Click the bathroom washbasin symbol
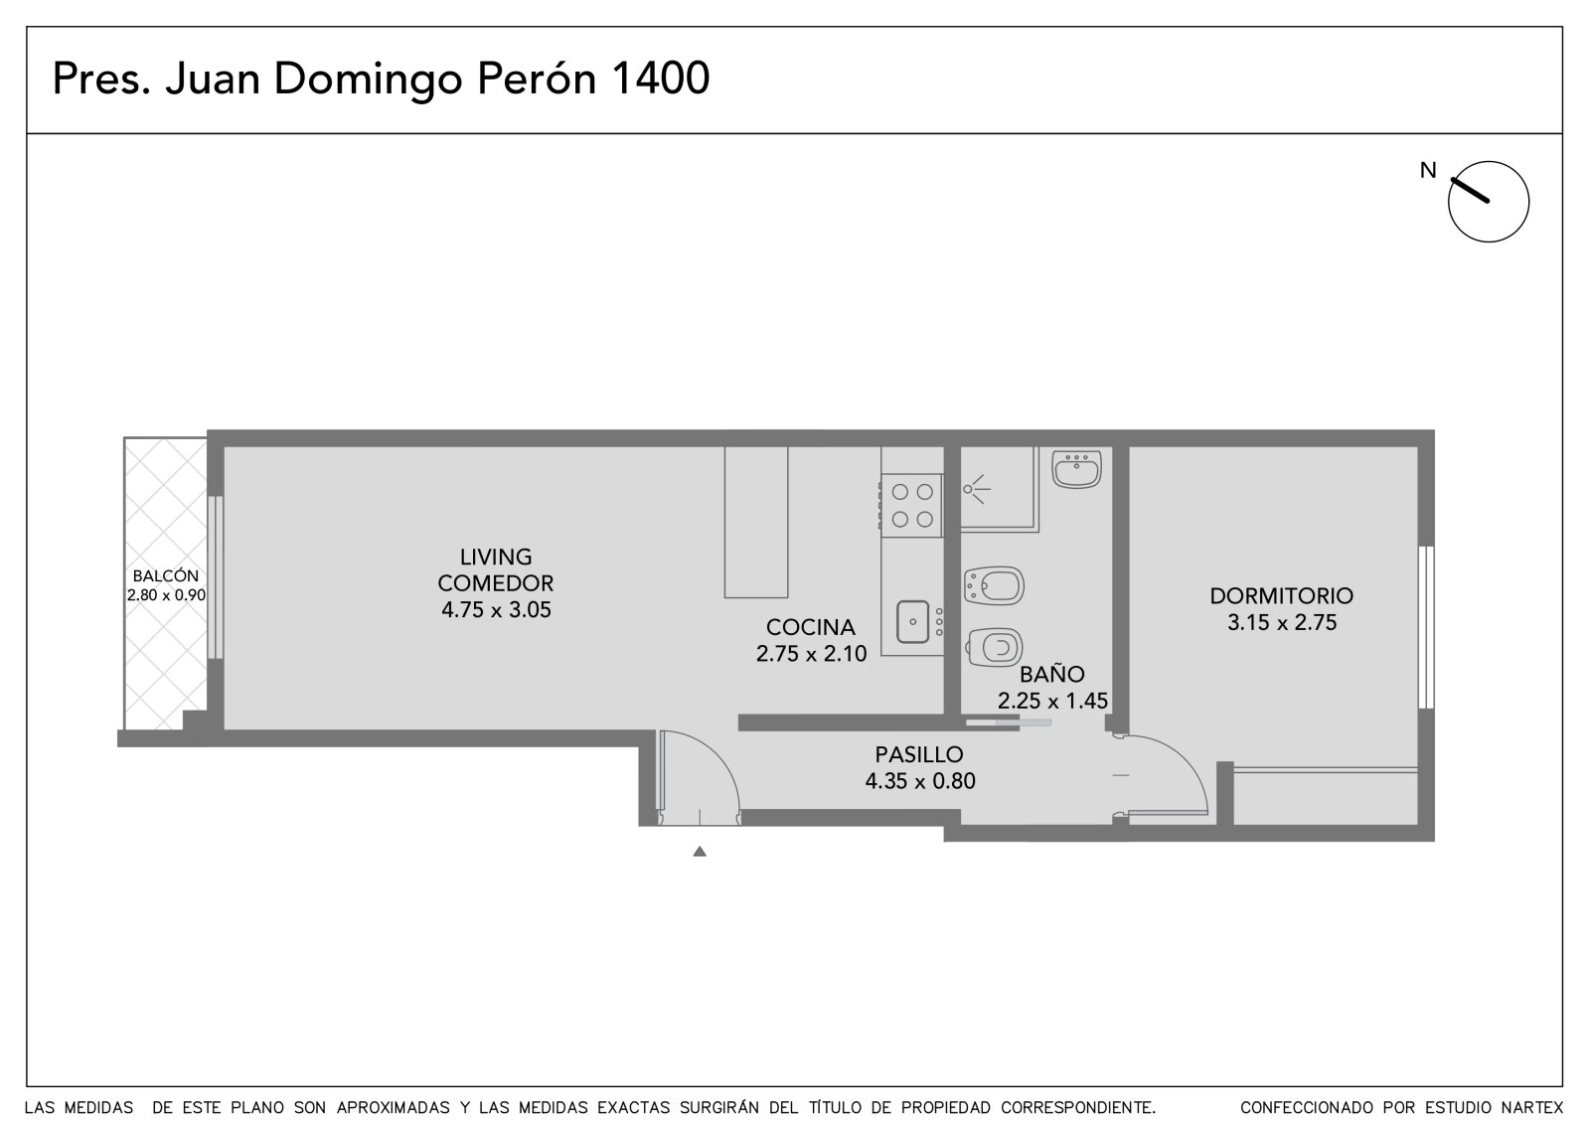pyautogui.click(x=1076, y=469)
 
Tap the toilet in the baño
pyautogui.click(x=993, y=647)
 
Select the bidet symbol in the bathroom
pyautogui.click(x=993, y=585)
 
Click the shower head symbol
pyautogui.click(x=976, y=489)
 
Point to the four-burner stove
pyautogui.click(x=911, y=505)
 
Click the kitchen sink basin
pyautogui.click(x=912, y=622)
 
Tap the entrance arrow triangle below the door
pyautogui.click(x=700, y=852)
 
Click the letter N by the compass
pyautogui.click(x=1427, y=170)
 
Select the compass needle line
pyautogui.click(x=1470, y=190)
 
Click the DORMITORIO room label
pyautogui.click(x=1281, y=595)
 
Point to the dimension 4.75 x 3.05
pyautogui.click(x=496, y=610)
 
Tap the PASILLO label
pyautogui.click(x=918, y=754)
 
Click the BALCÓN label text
pyautogui.click(x=165, y=575)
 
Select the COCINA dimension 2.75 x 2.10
pyautogui.click(x=811, y=653)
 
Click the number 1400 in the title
pyautogui.click(x=660, y=78)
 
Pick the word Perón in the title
pyautogui.click(x=536, y=78)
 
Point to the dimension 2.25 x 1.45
pyautogui.click(x=1052, y=701)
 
